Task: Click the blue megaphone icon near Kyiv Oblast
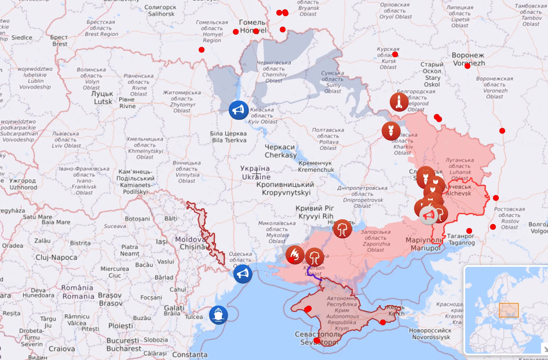(x=238, y=110)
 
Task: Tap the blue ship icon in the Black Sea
(x=218, y=315)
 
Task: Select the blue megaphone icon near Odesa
(x=242, y=274)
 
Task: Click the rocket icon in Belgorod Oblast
(x=399, y=102)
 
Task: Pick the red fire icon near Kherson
(x=295, y=255)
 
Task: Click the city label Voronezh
(x=468, y=59)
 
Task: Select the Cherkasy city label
(x=280, y=151)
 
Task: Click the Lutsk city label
(x=103, y=98)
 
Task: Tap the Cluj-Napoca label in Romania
(x=56, y=257)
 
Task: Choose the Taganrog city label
(x=461, y=239)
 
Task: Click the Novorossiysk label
(x=430, y=334)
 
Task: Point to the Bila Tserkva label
(x=229, y=137)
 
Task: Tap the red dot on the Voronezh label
(x=467, y=66)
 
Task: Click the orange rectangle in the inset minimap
(x=509, y=310)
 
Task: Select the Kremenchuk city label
(x=316, y=166)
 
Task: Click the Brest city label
(x=59, y=41)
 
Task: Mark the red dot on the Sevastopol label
(x=317, y=341)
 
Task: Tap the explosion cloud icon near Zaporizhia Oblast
(x=342, y=229)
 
